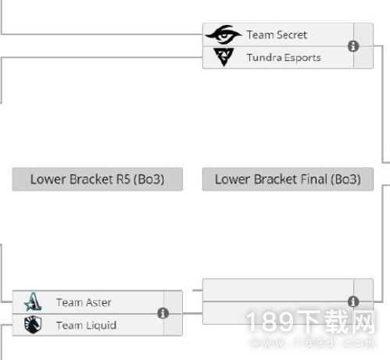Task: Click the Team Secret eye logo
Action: [224, 34]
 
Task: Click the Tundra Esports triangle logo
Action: [224, 57]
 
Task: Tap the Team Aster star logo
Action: [33, 301]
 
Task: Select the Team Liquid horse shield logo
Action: [33, 325]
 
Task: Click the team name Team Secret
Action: [277, 35]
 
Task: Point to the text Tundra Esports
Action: [284, 58]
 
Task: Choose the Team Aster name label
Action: [84, 302]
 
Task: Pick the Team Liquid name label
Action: [86, 325]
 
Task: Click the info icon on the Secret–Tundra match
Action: [353, 46]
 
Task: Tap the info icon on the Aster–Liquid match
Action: [163, 313]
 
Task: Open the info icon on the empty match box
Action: [353, 301]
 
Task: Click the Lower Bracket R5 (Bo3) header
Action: [98, 179]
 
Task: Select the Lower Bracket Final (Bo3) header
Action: [288, 179]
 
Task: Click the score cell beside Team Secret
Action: [363, 35]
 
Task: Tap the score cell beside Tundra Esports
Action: [363, 57]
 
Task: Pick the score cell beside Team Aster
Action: [173, 302]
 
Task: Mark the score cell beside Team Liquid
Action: [173, 325]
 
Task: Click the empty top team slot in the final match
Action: [278, 290]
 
